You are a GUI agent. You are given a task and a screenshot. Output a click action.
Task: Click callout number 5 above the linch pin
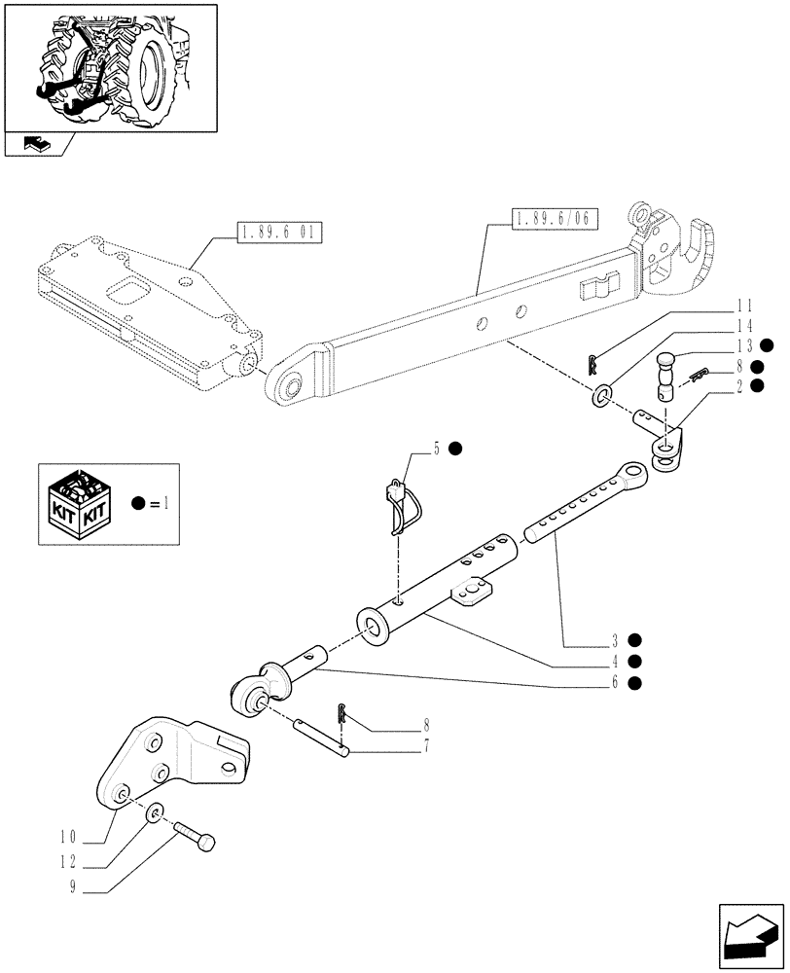coord(438,449)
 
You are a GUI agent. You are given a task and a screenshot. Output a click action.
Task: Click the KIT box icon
coord(83,503)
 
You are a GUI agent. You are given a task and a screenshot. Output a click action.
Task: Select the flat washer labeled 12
coord(155,812)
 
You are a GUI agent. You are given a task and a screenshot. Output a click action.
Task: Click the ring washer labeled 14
coord(603,394)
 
